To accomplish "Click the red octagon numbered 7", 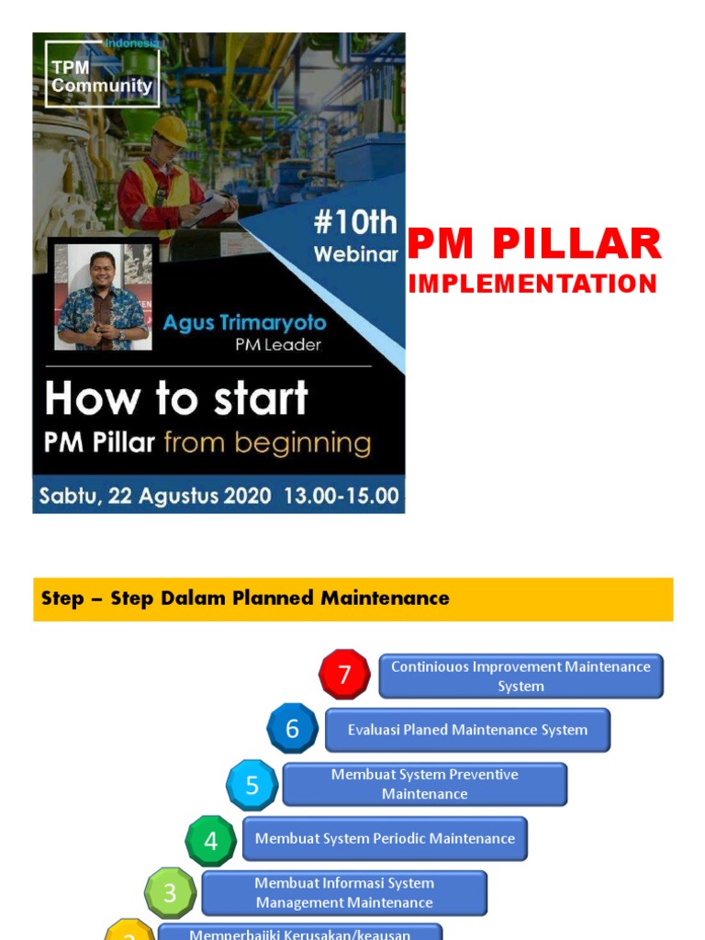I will click(x=344, y=675).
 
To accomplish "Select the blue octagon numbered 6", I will click(x=292, y=729).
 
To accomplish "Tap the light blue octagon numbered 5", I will click(x=252, y=785).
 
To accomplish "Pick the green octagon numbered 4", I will click(x=211, y=840).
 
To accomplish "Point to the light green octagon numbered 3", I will click(x=171, y=893).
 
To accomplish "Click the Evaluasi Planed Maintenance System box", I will click(x=467, y=731).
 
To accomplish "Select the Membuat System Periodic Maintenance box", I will click(x=385, y=839).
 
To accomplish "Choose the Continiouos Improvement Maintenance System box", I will click(x=520, y=677).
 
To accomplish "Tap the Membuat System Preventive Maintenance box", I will click(x=424, y=785).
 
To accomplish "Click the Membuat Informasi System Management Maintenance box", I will click(x=344, y=893).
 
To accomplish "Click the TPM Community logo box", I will click(x=102, y=74).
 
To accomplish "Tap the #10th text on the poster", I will click(x=354, y=223).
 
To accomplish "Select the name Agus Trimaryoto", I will click(x=244, y=323).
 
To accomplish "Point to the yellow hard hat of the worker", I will click(x=171, y=129).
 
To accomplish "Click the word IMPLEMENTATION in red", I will click(x=532, y=285).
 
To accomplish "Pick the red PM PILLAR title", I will click(x=534, y=244).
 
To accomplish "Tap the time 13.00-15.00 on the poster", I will click(x=341, y=497).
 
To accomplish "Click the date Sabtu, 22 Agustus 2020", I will click(x=154, y=497).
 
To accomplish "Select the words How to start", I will click(x=176, y=399).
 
